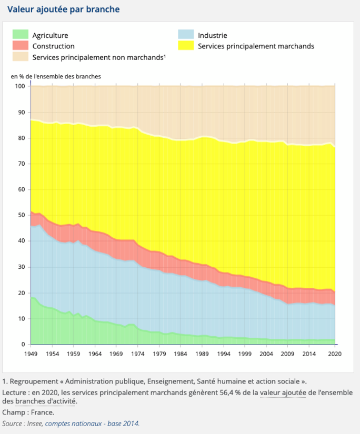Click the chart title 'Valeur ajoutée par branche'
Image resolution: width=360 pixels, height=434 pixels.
63,9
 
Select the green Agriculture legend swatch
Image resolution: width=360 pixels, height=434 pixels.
20,35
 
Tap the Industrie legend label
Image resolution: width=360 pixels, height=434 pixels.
212,35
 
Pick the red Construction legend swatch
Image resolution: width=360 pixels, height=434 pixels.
20,46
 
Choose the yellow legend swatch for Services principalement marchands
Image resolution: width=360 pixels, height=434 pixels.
186,46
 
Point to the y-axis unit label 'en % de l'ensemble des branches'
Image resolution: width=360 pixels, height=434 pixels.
56,76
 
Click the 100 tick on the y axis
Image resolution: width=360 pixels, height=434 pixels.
19,86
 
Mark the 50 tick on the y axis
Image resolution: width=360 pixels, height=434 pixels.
22,215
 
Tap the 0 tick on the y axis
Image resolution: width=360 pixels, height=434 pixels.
23,345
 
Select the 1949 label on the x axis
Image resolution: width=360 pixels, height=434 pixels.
31,354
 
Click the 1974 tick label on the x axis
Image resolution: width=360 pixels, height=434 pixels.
138,354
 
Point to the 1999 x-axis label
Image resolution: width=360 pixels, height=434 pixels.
245,354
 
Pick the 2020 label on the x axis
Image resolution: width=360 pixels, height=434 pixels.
335,354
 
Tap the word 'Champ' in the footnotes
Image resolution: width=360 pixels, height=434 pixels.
13,412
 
